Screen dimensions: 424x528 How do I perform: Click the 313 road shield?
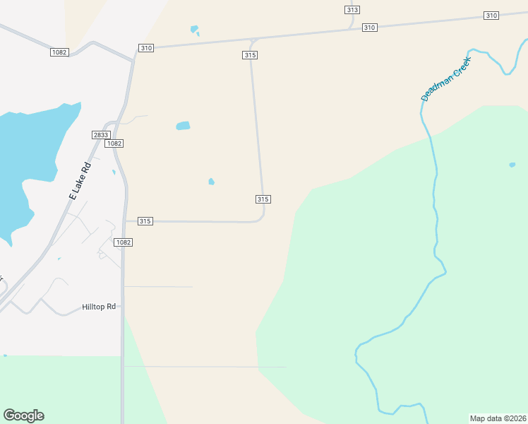coord(352,9)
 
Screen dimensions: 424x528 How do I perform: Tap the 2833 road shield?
coord(101,134)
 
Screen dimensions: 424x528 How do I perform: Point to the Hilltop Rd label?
coord(98,307)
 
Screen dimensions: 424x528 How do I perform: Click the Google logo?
coord(23,416)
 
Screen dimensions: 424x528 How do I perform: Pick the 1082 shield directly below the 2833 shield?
coord(114,143)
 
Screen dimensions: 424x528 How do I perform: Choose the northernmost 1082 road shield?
coord(59,52)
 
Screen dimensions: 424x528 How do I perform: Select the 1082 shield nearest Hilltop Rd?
coord(124,242)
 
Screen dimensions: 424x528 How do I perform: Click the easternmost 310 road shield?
coord(491,16)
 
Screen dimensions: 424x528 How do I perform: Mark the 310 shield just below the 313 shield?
coord(369,27)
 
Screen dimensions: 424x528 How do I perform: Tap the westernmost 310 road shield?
coord(145,48)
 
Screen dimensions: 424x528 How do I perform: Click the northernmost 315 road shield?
coord(249,54)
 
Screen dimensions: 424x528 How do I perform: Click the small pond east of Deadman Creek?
coord(512,165)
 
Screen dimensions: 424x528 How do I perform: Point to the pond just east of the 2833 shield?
coord(183,126)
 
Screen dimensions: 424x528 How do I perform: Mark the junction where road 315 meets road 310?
coord(253,40)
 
